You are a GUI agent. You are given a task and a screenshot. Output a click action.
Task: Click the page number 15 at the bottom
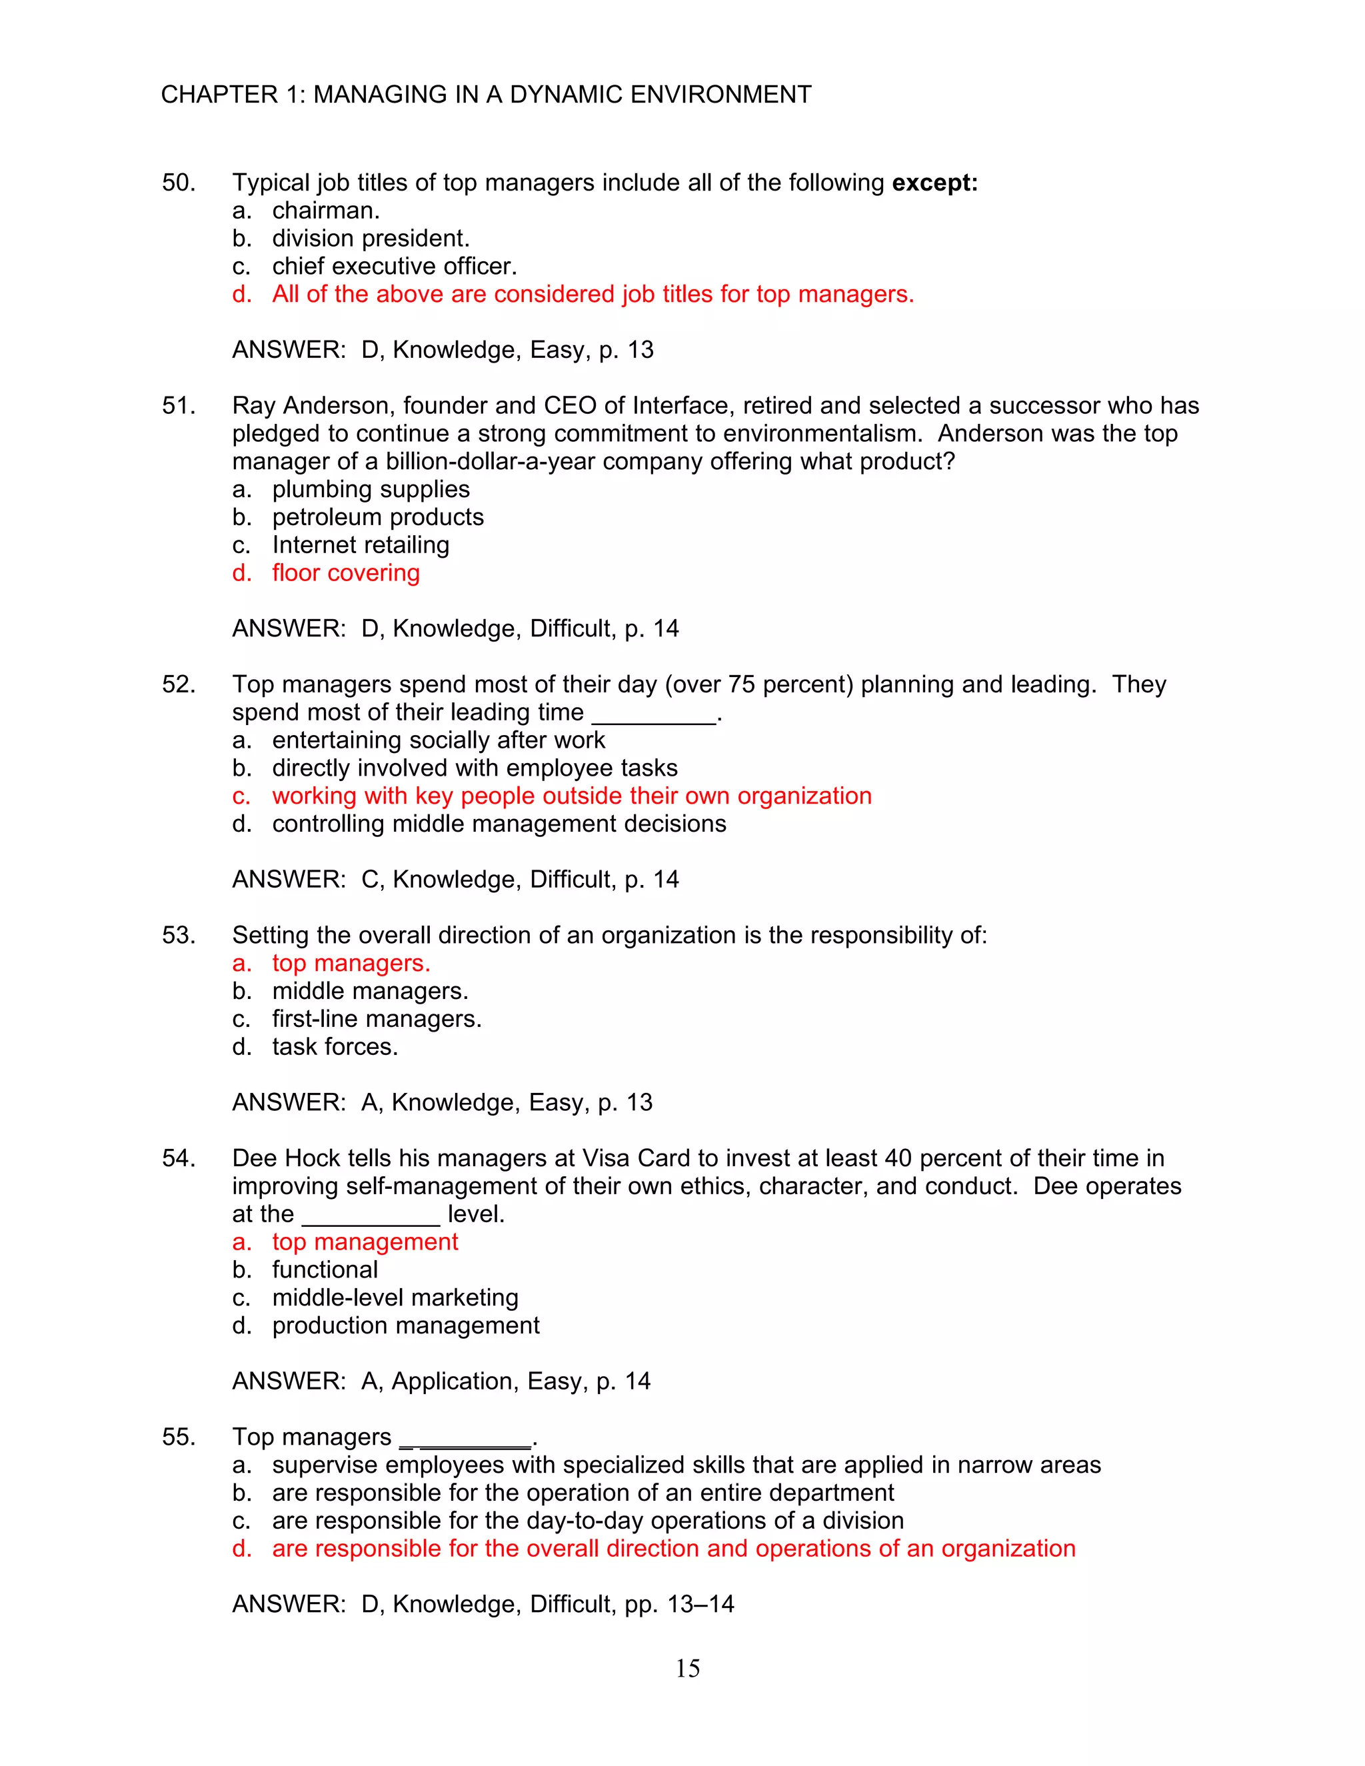687,1668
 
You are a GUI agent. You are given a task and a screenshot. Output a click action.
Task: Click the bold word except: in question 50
934,183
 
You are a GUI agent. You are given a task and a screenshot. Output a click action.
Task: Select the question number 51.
178,406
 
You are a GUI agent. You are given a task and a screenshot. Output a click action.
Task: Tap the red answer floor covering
345,573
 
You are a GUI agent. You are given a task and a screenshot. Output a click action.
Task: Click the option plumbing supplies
371,489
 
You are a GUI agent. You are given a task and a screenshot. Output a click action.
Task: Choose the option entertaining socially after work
439,740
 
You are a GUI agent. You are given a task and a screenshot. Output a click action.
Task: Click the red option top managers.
351,963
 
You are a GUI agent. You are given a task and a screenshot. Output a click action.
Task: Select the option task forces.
335,1047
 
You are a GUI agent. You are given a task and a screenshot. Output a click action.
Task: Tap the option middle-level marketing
395,1298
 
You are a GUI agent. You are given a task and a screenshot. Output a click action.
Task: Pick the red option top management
365,1242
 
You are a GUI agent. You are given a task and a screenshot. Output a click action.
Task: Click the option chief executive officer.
394,266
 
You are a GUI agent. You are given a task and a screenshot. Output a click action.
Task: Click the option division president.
371,239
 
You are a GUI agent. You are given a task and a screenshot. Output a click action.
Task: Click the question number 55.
178,1437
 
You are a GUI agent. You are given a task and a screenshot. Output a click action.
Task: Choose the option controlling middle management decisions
499,824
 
